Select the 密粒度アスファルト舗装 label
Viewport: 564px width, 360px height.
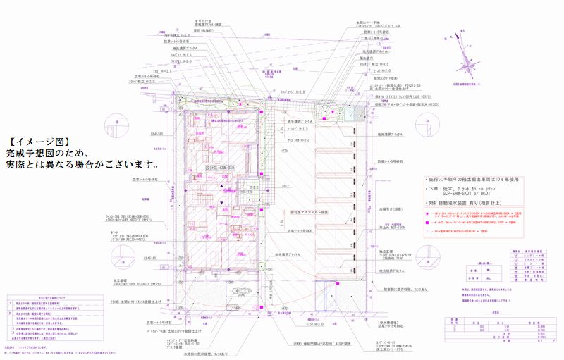coord(309,211)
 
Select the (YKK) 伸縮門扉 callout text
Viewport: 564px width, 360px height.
coord(313,343)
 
